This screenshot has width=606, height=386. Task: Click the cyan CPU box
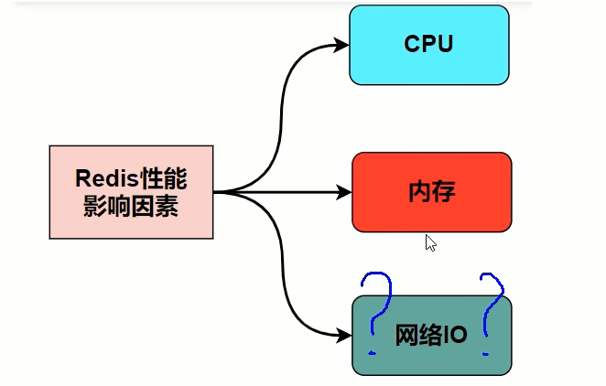pyautogui.click(x=428, y=45)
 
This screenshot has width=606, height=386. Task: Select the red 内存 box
pyautogui.click(x=431, y=192)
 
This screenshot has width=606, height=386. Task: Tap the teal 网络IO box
pyautogui.click(x=431, y=336)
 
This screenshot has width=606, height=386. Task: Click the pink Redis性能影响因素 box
pyautogui.click(x=132, y=192)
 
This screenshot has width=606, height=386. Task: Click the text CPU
pyautogui.click(x=428, y=44)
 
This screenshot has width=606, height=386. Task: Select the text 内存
pyautogui.click(x=431, y=192)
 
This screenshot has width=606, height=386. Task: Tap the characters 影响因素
pyautogui.click(x=131, y=207)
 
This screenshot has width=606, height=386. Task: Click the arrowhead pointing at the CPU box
pyautogui.click(x=342, y=44)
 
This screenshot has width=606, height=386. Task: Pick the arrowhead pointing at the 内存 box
pyautogui.click(x=345, y=192)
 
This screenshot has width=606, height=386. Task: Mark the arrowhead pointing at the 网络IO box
pyautogui.click(x=344, y=335)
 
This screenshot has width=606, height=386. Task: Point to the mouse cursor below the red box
pyautogui.click(x=430, y=242)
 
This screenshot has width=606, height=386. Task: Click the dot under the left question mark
pyautogui.click(x=372, y=351)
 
